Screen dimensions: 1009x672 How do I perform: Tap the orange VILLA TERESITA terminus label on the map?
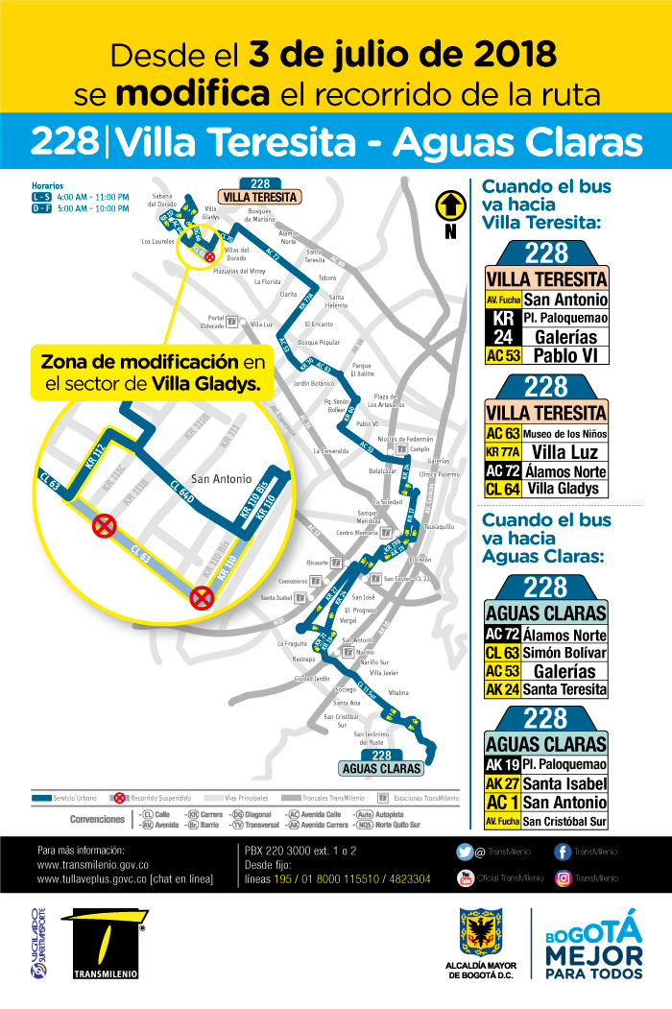tap(260, 197)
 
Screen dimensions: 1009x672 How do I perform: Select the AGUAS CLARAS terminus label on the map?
tap(382, 768)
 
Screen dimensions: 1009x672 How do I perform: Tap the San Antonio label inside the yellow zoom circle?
tap(221, 479)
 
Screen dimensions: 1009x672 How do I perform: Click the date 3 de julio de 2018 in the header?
tap(402, 53)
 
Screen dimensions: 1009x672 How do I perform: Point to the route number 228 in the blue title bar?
tap(64, 142)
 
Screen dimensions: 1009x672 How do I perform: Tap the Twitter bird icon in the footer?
tap(465, 852)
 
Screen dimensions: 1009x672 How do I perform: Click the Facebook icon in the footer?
tap(563, 852)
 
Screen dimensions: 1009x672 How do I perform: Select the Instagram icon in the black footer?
tap(563, 877)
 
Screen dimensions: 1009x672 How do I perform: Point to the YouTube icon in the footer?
tap(465, 877)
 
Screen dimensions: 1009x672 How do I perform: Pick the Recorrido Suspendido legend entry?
tap(154, 798)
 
